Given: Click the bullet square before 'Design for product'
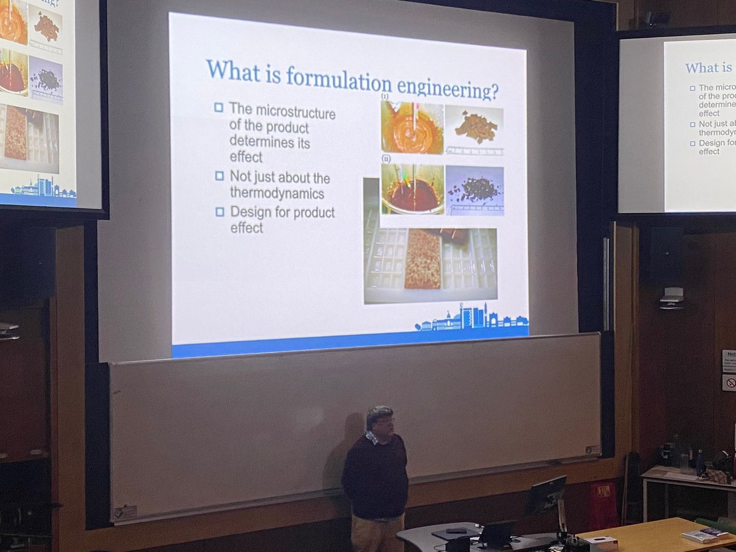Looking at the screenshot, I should tap(219, 212).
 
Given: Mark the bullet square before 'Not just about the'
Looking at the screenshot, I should tap(219, 176).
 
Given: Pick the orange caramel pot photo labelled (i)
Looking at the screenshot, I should tap(412, 128).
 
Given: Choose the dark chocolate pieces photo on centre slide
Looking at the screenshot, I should tap(475, 190).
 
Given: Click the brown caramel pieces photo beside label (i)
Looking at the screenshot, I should tap(474, 127).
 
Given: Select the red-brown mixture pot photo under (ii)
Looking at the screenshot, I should tap(412, 190).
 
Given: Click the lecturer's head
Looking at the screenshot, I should tap(380, 420).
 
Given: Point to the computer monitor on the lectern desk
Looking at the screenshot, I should tap(545, 496).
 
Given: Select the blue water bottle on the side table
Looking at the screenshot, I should tap(700, 463).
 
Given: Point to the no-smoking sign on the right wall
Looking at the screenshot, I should tap(729, 382).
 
